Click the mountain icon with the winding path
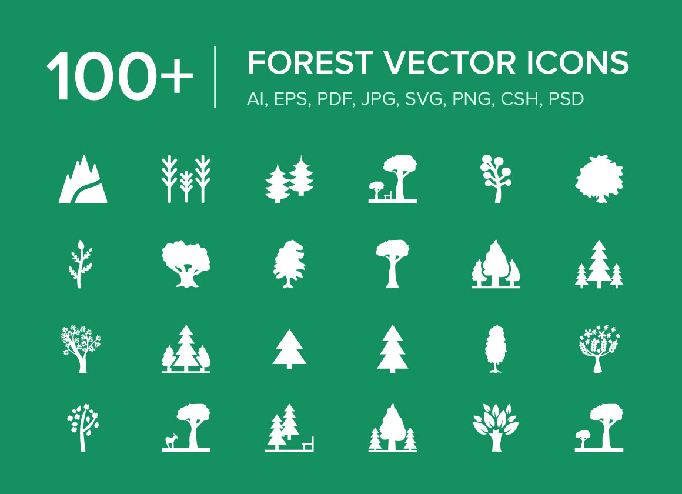83,179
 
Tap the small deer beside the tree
171,440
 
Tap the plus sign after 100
176,75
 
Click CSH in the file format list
520,99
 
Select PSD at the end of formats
566,99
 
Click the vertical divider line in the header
215,77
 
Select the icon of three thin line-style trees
186,179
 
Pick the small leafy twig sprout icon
79,263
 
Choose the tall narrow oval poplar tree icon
495,349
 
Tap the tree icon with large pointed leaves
495,426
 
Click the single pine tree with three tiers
392,349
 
